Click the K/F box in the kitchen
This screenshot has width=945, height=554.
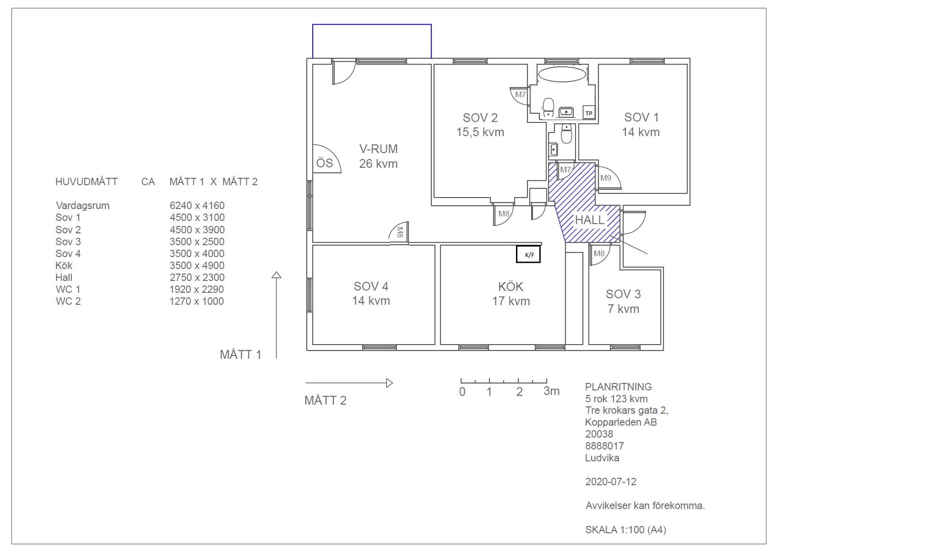528,254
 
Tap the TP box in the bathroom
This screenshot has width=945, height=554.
589,113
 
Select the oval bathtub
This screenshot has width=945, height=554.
562,74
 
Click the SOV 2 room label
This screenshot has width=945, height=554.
480,118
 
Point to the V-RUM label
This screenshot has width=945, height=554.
378,149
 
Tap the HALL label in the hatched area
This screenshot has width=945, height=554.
589,220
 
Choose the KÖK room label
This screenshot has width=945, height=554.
511,286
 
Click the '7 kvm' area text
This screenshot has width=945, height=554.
623,309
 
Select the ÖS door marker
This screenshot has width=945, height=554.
325,163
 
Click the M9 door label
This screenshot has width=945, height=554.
606,178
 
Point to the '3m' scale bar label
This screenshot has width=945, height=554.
551,391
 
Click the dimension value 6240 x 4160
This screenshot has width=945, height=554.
197,206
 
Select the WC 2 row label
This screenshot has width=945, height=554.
68,301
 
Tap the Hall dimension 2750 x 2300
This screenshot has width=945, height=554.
197,277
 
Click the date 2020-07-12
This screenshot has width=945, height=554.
610,482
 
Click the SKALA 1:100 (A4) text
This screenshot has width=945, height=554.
626,529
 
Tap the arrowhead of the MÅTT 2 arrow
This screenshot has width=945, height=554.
390,383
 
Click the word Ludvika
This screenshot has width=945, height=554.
602,458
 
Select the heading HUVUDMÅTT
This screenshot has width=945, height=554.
86,182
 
